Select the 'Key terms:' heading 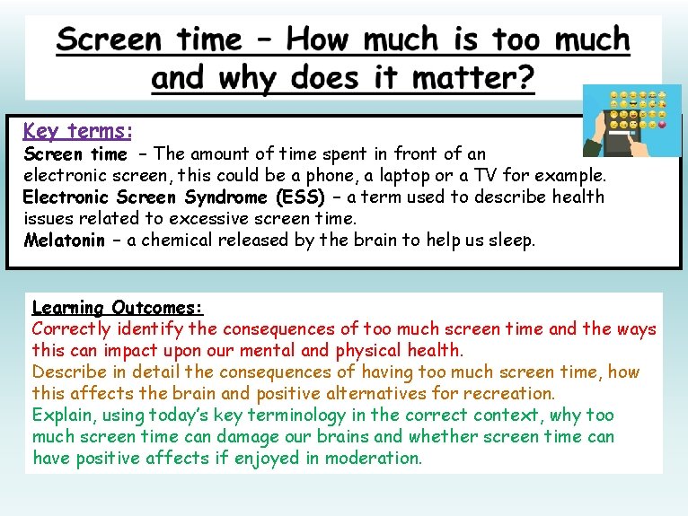pos(78,131)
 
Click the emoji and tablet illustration pos(631,120)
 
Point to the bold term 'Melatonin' pos(65,240)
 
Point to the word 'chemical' pos(166,240)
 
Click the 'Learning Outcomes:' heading pos(118,307)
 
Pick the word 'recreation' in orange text pos(510,393)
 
